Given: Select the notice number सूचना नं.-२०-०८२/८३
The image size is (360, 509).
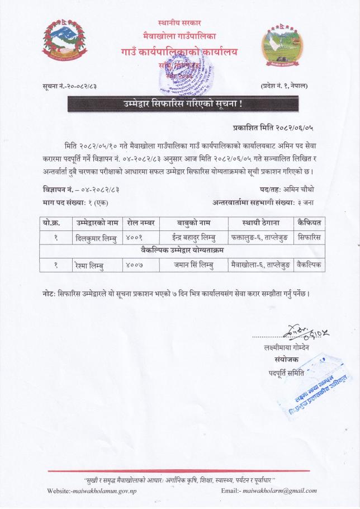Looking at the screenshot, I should (x=73, y=86).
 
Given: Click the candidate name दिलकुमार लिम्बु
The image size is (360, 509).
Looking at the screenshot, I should (x=96, y=237).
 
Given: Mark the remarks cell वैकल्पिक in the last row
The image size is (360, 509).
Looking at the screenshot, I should (x=309, y=264).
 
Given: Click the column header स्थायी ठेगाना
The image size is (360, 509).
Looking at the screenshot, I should (x=261, y=223).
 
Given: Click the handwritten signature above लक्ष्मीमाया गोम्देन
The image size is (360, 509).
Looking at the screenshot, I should (x=305, y=334).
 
